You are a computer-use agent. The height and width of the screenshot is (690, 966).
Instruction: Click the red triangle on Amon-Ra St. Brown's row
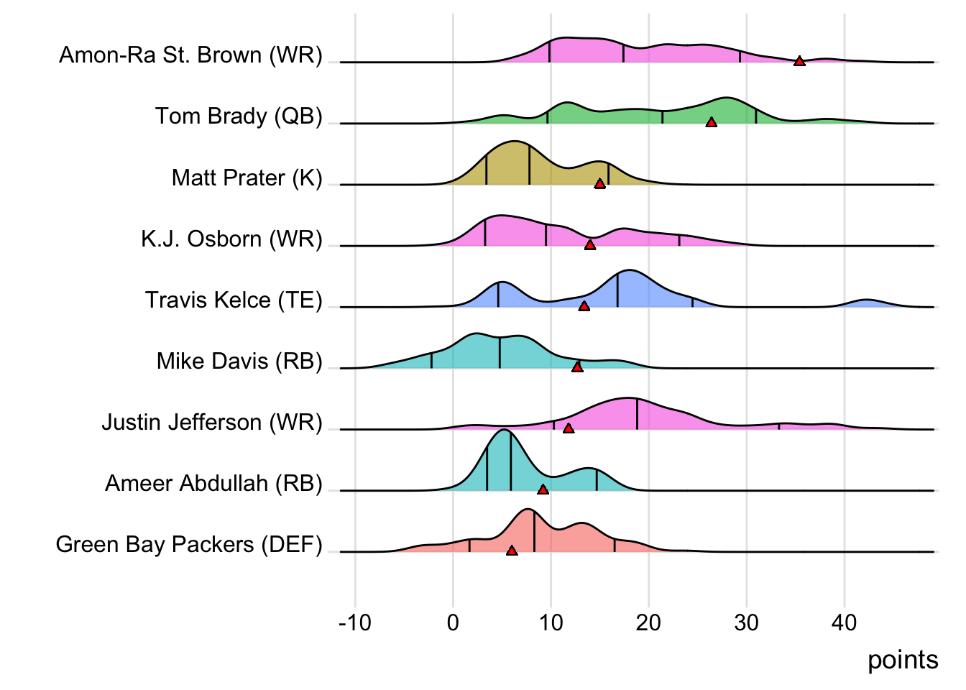pos(799,62)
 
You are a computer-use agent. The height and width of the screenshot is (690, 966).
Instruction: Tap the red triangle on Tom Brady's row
pos(712,123)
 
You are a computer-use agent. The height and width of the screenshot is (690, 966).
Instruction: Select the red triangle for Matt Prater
pos(600,185)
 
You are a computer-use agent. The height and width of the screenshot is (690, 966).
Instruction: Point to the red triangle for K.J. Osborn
pos(590,246)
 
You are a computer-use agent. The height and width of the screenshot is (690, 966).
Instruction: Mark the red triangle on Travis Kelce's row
pos(584,307)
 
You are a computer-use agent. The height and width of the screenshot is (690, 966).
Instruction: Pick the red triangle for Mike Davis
pos(577,368)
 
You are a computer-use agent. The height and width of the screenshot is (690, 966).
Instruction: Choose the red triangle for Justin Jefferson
pos(569,429)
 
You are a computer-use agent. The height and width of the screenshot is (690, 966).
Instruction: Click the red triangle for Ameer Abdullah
pos(543,490)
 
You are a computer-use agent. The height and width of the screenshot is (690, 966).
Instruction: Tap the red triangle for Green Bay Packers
pos(512,551)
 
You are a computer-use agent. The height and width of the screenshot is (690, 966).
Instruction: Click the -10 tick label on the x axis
pos(355,622)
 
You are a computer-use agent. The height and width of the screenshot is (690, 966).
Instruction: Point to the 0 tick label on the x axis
pos(453,622)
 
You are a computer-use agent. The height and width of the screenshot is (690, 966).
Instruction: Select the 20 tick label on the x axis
pos(648,622)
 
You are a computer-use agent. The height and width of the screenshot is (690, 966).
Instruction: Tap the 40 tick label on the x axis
pos(845,622)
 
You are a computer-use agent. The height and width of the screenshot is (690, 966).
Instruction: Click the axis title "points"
pos(903,660)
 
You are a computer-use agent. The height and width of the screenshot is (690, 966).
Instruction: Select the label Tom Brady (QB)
pos(239,116)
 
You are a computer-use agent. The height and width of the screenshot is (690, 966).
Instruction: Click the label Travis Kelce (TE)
pos(234,300)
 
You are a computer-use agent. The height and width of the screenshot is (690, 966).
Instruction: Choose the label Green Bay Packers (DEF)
pos(189,544)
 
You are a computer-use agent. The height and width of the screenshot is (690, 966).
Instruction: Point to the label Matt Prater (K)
pos(247,178)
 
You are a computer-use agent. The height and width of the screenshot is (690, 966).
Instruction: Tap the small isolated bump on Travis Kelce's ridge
pos(867,302)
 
